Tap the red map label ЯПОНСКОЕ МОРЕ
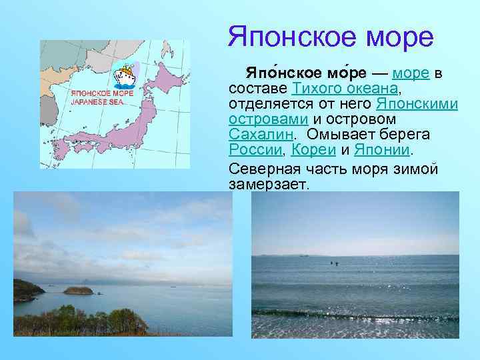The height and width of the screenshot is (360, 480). click(102, 94)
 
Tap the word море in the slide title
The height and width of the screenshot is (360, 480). click(399, 37)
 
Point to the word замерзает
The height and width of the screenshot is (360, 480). click(269, 183)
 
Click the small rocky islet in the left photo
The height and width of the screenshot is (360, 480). click(77, 290)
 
